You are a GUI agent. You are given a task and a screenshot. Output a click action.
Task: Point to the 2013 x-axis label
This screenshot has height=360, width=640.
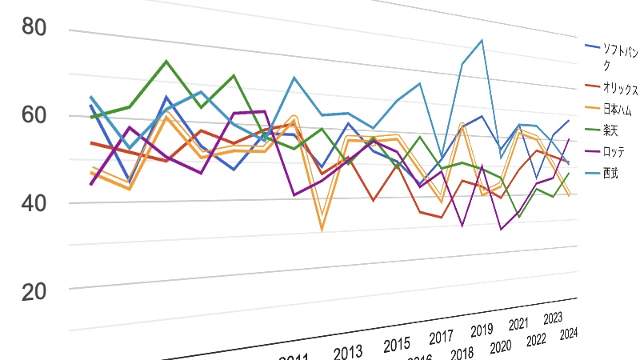(x=349, y=354)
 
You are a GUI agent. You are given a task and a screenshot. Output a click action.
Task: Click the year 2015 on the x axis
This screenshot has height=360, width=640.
(x=397, y=346)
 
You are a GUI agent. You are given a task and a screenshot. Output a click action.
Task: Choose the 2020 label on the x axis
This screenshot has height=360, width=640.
(x=500, y=346)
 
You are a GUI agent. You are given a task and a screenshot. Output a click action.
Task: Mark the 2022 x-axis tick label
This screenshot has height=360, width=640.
(x=537, y=340)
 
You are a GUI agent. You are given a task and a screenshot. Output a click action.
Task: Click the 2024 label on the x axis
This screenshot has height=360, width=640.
(x=570, y=334)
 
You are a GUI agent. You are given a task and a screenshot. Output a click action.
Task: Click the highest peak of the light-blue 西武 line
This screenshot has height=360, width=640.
(x=482, y=40)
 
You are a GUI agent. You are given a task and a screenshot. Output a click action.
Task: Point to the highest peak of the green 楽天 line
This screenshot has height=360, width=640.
(x=166, y=61)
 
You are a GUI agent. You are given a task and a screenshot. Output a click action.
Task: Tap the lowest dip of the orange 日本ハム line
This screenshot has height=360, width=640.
(x=322, y=230)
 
